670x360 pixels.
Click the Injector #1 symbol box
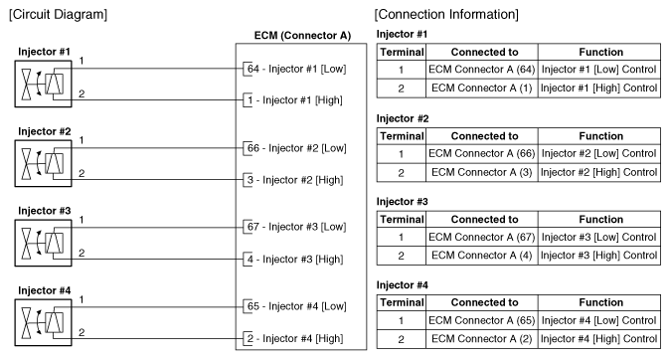(x=15, y=84)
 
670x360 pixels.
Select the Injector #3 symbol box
(x=15, y=243)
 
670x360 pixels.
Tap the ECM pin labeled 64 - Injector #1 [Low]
(x=296, y=69)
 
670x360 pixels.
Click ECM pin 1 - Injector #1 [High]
(x=295, y=100)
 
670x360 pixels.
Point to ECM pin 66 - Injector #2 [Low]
(x=296, y=148)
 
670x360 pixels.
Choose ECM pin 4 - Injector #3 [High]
(x=295, y=260)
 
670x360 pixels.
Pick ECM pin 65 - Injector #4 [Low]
(x=296, y=306)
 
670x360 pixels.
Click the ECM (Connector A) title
(x=302, y=36)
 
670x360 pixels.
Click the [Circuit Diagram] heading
(x=58, y=14)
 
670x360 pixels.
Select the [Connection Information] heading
(x=446, y=14)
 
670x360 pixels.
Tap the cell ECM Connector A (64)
(x=482, y=70)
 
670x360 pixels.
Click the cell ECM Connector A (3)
(x=482, y=172)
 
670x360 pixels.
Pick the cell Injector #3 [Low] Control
(x=599, y=237)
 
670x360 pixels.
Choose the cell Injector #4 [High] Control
(x=599, y=339)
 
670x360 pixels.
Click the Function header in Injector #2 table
(x=600, y=136)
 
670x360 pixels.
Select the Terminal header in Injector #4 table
(x=402, y=302)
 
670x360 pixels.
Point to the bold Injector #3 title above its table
(x=402, y=201)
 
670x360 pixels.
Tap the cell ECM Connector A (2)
(x=482, y=339)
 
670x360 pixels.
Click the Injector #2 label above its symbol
(x=45, y=131)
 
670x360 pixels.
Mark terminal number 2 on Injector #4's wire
(x=82, y=332)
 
